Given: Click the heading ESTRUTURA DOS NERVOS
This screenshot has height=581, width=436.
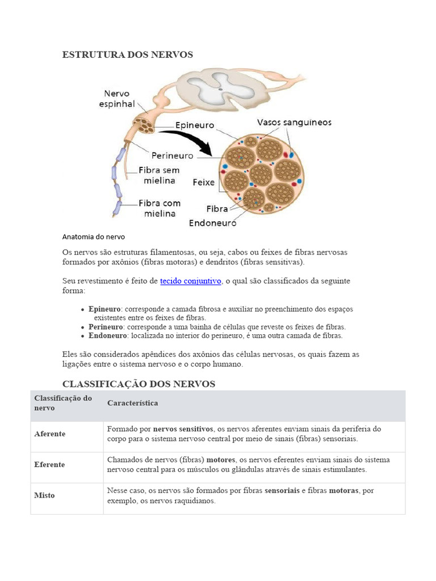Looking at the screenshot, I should pos(127,54).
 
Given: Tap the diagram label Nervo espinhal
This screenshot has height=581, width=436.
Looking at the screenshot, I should pos(117,99).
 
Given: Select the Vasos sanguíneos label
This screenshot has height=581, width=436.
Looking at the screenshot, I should pos(294,122).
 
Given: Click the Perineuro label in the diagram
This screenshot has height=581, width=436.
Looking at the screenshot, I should pos(173,155).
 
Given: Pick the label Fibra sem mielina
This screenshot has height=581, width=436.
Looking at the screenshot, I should pos(159,175).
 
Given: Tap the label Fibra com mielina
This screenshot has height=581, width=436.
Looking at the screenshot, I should pos(159,208).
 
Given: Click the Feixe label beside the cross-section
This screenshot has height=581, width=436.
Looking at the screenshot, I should pos(204,183).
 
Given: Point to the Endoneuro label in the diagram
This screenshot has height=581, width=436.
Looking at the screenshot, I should pos(212,223).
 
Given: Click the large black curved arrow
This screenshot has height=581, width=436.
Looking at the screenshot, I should pos(187,140).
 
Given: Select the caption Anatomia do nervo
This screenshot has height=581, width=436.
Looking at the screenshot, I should pos(93,237).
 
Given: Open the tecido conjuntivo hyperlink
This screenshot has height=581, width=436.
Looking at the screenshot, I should pos(191,281).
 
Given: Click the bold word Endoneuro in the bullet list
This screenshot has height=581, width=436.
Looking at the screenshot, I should pos(108,336).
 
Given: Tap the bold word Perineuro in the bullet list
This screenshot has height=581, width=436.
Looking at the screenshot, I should pos(106,327).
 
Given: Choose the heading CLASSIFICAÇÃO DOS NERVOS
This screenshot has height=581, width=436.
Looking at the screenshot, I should pos(139,384).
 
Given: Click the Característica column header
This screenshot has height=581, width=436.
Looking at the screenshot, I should pos(132,403).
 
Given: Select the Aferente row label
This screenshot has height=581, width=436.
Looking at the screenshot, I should pos(50,434).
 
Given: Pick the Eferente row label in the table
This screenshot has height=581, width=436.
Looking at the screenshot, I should pos(49,465).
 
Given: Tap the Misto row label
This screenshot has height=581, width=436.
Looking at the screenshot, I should pos(45,495).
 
